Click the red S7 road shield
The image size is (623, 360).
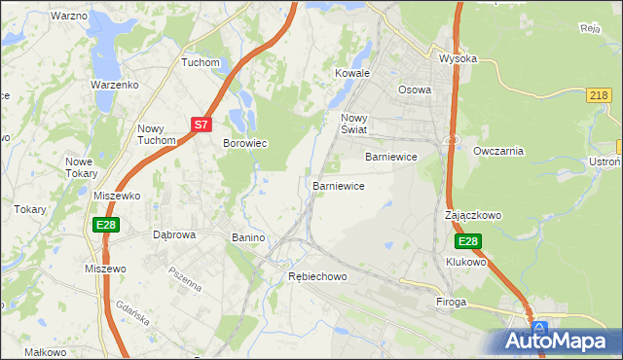click(x=201, y=125)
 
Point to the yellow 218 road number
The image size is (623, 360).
click(x=600, y=94)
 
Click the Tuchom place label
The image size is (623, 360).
click(x=202, y=62)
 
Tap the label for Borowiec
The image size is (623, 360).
click(x=245, y=143)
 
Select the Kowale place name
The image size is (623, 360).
click(x=353, y=73)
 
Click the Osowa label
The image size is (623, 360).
click(x=415, y=90)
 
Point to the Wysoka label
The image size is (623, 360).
click(x=458, y=58)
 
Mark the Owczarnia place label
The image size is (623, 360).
click(x=498, y=151)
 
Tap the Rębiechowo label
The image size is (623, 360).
click(x=317, y=276)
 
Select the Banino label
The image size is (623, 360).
click(x=248, y=237)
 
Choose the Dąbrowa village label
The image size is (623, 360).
click(x=175, y=235)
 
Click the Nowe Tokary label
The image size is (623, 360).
click(x=81, y=167)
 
